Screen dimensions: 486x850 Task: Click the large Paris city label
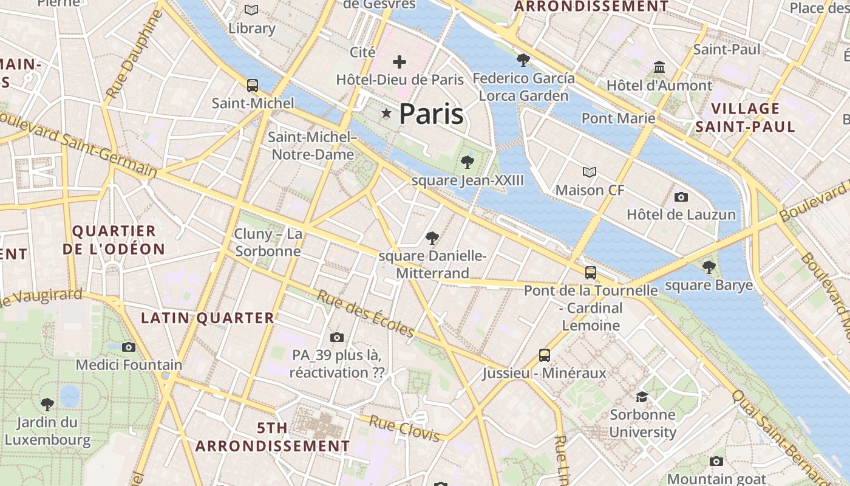coord(431,114)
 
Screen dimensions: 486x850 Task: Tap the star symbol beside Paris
coord(386,113)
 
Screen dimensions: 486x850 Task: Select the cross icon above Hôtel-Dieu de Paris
coord(399,62)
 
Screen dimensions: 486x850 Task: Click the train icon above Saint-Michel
coord(253,86)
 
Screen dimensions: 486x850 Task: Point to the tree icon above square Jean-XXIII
coord(467,162)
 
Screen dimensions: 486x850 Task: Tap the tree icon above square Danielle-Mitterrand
coord(432,238)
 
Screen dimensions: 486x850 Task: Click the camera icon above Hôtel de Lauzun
coord(681,197)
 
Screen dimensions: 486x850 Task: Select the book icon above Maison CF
coord(590,172)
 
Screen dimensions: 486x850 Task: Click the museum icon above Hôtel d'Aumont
coord(659,67)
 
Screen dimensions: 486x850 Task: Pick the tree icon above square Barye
coord(709,267)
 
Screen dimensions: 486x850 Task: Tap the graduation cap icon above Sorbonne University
coord(642,397)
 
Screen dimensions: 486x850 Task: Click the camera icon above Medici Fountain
coord(129,347)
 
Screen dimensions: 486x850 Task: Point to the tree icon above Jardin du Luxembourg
coord(47,404)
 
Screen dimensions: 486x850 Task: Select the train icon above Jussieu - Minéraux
coord(545,355)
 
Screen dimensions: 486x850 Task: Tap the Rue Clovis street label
coord(404,428)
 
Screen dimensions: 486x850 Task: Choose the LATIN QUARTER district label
coord(208,318)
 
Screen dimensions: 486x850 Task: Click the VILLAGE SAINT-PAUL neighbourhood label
coord(745,118)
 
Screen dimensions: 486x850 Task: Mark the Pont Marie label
coord(618,118)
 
